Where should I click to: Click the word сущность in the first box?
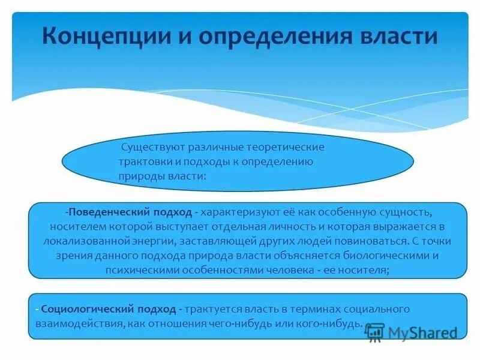click(x=406, y=212)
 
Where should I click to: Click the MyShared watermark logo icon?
click(x=375, y=332)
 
